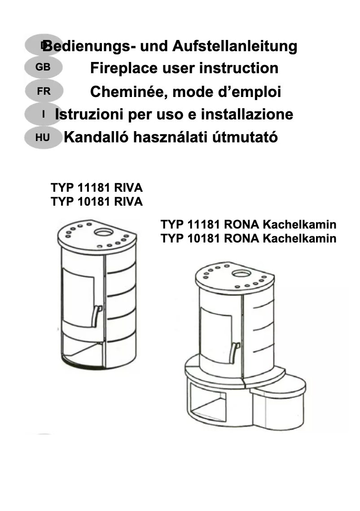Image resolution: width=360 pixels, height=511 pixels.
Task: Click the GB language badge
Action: pyautogui.click(x=43, y=68)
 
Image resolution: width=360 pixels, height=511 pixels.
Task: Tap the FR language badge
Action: pyautogui.click(x=44, y=92)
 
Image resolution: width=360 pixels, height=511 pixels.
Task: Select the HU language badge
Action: pyautogui.click(x=43, y=137)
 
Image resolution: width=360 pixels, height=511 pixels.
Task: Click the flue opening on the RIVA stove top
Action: pyautogui.click(x=104, y=232)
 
